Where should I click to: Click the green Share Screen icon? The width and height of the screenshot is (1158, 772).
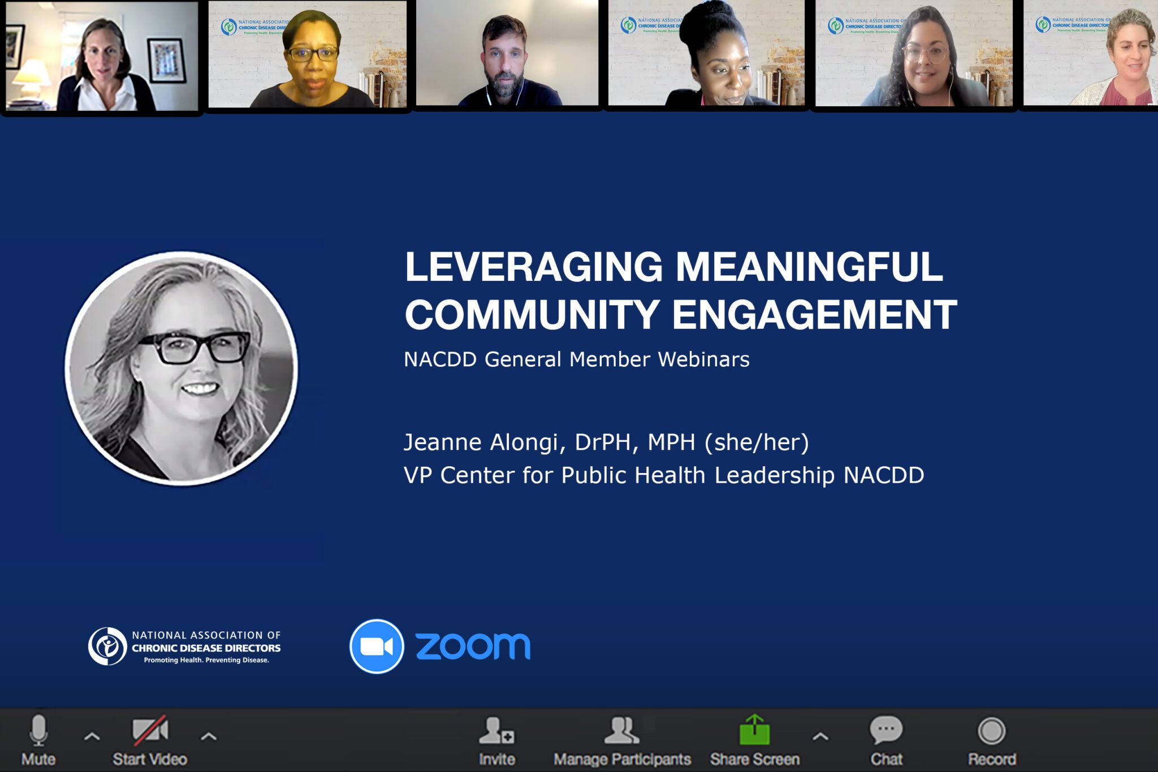(x=755, y=730)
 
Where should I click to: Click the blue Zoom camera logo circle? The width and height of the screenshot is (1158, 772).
(x=377, y=647)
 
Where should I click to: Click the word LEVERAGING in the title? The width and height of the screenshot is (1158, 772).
(x=533, y=267)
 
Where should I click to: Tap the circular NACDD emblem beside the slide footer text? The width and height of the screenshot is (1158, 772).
(x=107, y=646)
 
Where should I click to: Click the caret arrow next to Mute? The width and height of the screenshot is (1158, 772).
(x=92, y=736)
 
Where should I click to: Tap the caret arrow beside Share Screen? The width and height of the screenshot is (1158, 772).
(x=820, y=736)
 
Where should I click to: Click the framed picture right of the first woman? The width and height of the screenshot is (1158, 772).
(x=166, y=60)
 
